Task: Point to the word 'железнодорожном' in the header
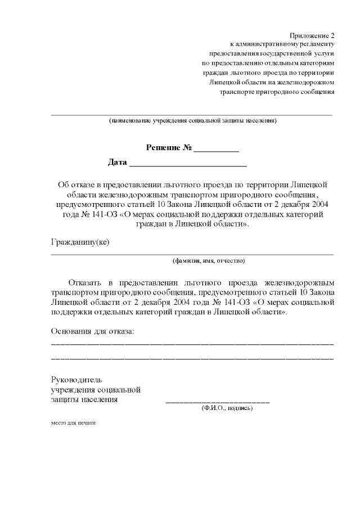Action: coord(307,82)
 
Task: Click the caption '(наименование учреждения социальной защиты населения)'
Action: coord(192,121)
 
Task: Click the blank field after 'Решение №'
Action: coord(217,151)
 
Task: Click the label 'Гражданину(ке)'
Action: coord(80,242)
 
